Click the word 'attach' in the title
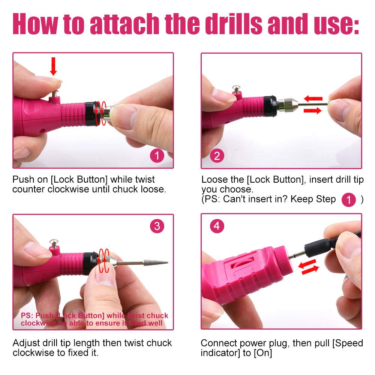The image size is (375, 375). (x=124, y=24)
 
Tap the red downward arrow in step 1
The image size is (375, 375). (x=53, y=66)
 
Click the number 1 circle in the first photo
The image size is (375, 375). (x=157, y=156)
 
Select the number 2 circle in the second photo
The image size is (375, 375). (x=217, y=156)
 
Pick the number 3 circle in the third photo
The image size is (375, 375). (x=157, y=226)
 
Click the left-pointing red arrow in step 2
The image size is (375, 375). (x=313, y=99)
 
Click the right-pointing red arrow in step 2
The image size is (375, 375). (x=313, y=111)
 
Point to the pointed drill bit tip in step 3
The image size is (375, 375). (x=168, y=262)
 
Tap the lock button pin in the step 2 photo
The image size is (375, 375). (x=236, y=90)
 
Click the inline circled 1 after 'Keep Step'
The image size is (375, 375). (x=348, y=200)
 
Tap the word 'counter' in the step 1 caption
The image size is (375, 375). (x=28, y=189)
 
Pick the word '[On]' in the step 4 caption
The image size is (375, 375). (x=263, y=353)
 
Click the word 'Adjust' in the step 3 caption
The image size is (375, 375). (x=26, y=343)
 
